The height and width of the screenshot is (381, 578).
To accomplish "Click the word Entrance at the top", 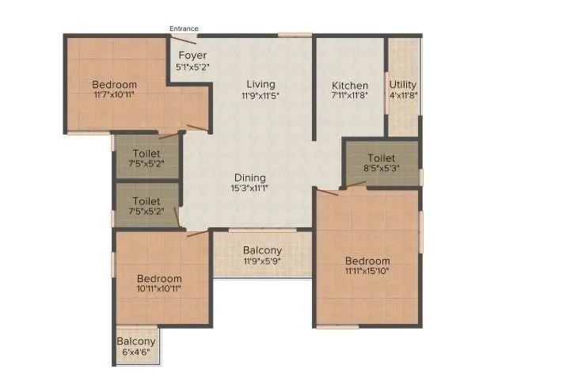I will (x=184, y=29).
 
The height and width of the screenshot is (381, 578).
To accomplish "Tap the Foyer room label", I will (x=192, y=55).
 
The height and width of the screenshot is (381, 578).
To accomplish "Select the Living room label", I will (x=260, y=84).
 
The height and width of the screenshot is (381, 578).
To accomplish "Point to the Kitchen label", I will (x=350, y=86).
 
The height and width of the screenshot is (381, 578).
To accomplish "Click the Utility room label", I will (x=403, y=85).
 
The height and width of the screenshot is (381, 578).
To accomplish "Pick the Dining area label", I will (x=250, y=177).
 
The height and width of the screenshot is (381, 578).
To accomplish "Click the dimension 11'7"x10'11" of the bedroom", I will (x=114, y=95).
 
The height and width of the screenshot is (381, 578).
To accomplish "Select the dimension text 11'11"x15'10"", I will (x=367, y=272).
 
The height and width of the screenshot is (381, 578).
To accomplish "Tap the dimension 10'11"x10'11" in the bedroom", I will (x=158, y=289).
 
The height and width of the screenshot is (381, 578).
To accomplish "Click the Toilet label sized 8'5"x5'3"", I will (x=381, y=158).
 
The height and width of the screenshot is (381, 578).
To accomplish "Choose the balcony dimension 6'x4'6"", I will (x=136, y=352).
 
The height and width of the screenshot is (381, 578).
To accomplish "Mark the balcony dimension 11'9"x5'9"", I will (x=262, y=261).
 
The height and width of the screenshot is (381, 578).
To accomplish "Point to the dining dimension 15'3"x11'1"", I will (x=250, y=189).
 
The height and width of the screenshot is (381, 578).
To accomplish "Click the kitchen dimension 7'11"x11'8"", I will (x=350, y=96).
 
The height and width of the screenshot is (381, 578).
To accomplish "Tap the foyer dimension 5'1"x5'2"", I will (x=192, y=67).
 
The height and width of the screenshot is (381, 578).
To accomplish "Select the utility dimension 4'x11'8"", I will (x=403, y=96).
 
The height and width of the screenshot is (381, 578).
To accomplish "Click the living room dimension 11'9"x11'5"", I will (x=260, y=95).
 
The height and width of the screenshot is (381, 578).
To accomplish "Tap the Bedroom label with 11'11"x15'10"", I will (x=367, y=261).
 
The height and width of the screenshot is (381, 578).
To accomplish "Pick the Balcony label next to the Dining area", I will (x=262, y=250).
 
